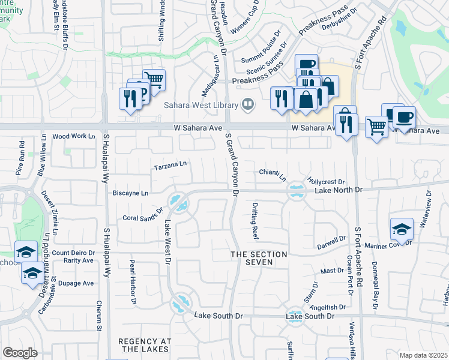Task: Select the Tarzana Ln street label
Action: pyautogui.click(x=170, y=163)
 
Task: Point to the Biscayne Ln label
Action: pyautogui.click(x=130, y=193)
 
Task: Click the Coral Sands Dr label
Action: pyautogui.click(x=143, y=215)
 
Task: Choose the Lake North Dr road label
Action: pyautogui.click(x=339, y=190)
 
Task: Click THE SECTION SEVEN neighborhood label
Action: pyautogui.click(x=260, y=259)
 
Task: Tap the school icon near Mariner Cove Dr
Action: pyautogui.click(x=402, y=229)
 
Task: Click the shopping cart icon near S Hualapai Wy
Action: pyautogui.click(x=154, y=79)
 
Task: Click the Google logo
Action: pyautogui.click(x=20, y=353)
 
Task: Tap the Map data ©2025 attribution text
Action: pyautogui.click(x=423, y=355)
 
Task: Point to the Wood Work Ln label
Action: pyautogui.click(x=74, y=137)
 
